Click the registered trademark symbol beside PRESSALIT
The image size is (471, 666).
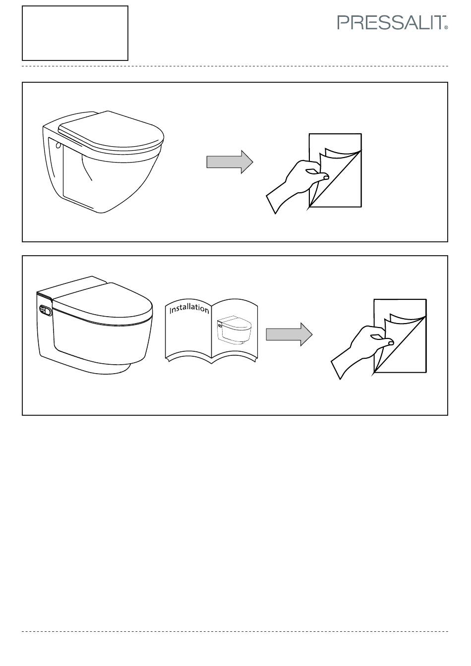(446, 27)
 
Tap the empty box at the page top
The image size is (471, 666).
(75, 33)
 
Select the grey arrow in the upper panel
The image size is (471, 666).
(230, 162)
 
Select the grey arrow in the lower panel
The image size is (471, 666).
(289, 334)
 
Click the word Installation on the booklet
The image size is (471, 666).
(189, 309)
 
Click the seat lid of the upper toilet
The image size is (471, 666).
(111, 131)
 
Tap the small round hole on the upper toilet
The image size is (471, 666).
(59, 145)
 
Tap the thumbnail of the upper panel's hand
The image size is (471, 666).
(326, 177)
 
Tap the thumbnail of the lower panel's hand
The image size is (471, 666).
(391, 343)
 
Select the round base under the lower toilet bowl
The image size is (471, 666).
(116, 369)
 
